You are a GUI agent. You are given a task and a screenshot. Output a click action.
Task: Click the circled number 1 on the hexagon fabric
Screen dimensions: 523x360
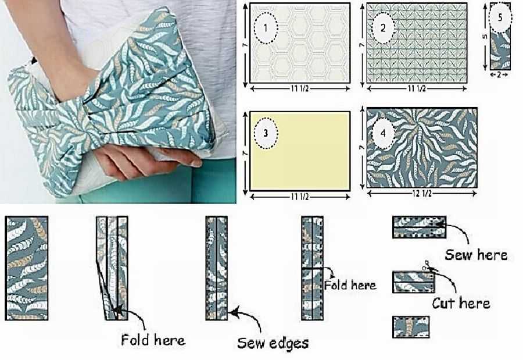pyautogui.click(x=266, y=28)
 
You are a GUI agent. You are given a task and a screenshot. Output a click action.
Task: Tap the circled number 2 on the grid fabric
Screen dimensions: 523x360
pyautogui.click(x=383, y=28)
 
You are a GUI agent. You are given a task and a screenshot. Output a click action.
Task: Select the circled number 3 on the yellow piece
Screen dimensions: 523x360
pyautogui.click(x=266, y=133)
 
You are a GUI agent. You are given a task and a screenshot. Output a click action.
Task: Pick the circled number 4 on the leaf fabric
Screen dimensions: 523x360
pyautogui.click(x=383, y=133)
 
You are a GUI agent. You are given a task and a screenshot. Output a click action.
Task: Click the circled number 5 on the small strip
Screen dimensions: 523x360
pyautogui.click(x=500, y=17)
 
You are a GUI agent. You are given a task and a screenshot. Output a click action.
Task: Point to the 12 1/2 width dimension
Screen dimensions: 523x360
pyautogui.click(x=422, y=193)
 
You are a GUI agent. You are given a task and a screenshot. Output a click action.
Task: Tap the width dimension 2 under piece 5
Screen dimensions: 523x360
pyautogui.click(x=499, y=75)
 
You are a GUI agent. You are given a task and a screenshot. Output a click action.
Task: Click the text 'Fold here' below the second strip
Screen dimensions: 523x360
pyautogui.click(x=153, y=340)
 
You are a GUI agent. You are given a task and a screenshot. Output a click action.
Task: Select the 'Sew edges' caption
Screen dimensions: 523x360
pyautogui.click(x=273, y=343)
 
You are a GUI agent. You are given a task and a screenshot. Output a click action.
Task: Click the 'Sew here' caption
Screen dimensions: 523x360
pyautogui.click(x=476, y=255)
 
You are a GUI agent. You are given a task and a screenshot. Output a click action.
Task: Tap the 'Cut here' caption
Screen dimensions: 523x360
pyautogui.click(x=461, y=303)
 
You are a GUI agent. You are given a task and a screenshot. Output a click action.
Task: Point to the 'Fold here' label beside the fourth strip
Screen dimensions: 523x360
pyautogui.click(x=350, y=285)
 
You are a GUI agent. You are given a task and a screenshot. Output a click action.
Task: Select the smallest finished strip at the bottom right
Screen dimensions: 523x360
pyautogui.click(x=411, y=327)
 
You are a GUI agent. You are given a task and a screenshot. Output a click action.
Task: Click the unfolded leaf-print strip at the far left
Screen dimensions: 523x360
pyautogui.click(x=27, y=268)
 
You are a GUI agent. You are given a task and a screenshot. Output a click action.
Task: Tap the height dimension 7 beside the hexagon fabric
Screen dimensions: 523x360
pyautogui.click(x=245, y=45)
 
